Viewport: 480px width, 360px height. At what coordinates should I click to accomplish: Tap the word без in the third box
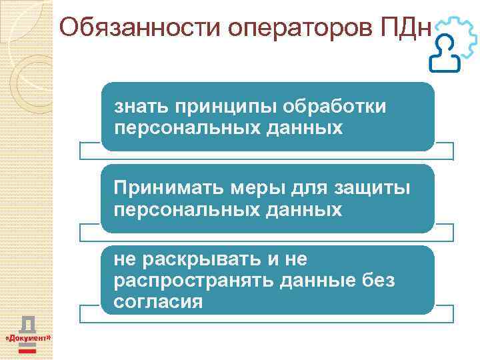pos(379,281)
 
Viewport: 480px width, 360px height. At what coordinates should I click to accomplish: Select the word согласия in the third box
pos(157,302)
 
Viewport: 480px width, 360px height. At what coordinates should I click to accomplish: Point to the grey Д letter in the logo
pos(28,324)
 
